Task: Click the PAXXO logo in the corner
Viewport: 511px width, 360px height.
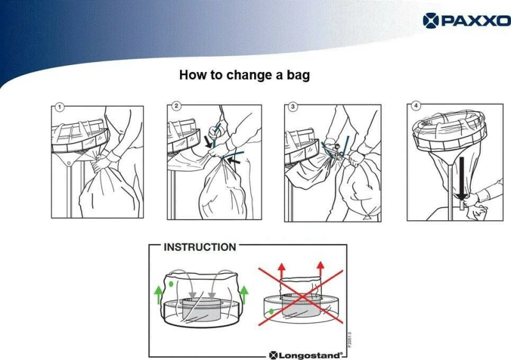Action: pyautogui.click(x=467, y=20)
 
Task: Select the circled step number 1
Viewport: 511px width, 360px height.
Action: pyautogui.click(x=59, y=107)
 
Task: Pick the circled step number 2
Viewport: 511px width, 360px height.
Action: pyautogui.click(x=176, y=106)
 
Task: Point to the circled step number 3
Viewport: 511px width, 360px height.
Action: pyautogui.click(x=293, y=107)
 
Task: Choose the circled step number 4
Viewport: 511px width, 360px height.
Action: pyautogui.click(x=416, y=105)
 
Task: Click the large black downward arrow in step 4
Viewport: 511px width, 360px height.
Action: pyautogui.click(x=461, y=179)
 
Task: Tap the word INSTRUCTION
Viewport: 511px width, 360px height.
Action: pyautogui.click(x=200, y=247)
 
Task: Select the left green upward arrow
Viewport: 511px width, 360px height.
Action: pyautogui.click(x=158, y=294)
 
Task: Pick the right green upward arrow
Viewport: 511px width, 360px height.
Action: pyautogui.click(x=244, y=294)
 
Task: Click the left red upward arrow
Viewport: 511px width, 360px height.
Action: pyautogui.click(x=282, y=270)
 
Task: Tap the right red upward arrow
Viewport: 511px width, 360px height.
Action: pyautogui.click(x=321, y=270)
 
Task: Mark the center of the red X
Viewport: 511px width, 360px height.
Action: pyautogui.click(x=301, y=297)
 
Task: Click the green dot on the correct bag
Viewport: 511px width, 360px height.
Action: pyautogui.click(x=171, y=284)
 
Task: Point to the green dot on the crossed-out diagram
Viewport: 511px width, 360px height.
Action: pyautogui.click(x=271, y=311)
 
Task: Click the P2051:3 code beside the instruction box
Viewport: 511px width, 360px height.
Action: pyautogui.click(x=349, y=340)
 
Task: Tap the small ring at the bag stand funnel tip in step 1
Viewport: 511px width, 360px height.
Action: pyautogui.click(x=69, y=163)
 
